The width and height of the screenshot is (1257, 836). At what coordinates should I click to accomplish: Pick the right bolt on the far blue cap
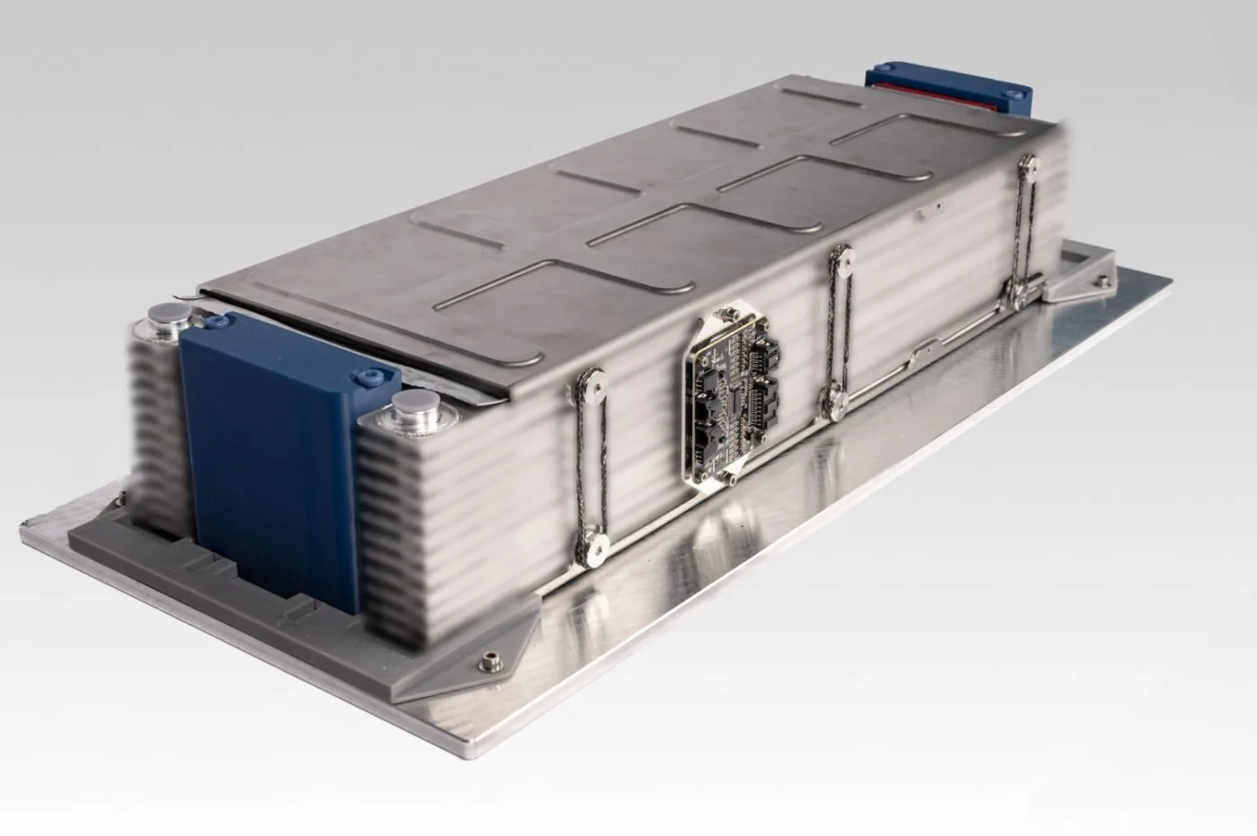(1015, 92)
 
